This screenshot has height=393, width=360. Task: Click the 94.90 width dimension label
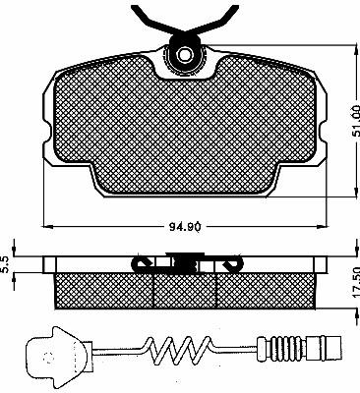click(x=185, y=226)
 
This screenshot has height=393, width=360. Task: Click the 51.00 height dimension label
click(x=355, y=120)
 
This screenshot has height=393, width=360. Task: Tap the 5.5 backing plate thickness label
click(x=5, y=264)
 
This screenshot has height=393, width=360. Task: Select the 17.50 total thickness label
click(x=355, y=283)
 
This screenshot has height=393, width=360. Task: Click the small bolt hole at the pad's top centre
click(x=183, y=53)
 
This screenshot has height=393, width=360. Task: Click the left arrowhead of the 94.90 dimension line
click(x=48, y=226)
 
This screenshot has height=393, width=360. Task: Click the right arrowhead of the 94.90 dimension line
click(x=323, y=226)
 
